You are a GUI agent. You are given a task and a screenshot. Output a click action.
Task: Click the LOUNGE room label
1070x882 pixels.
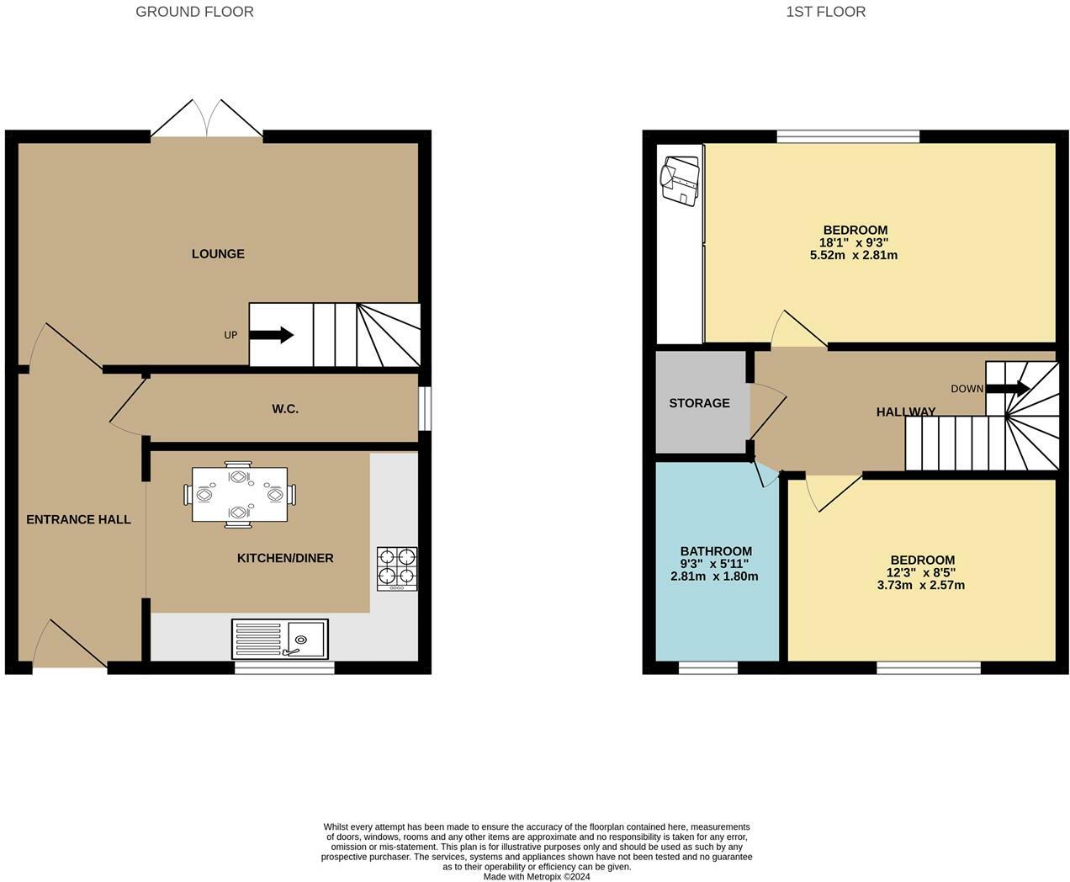coord(218,254)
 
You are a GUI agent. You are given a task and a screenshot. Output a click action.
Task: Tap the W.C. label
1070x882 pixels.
coord(285,409)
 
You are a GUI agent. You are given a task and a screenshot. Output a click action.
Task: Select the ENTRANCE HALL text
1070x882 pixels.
coord(78,519)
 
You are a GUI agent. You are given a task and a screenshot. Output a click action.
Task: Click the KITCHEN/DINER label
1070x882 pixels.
coord(285,558)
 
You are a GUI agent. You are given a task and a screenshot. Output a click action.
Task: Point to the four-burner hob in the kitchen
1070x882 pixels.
coord(397,569)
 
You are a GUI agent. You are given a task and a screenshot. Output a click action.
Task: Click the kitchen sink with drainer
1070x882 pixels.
coord(280,639)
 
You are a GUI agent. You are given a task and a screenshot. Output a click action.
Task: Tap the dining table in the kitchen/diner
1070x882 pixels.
coord(239,494)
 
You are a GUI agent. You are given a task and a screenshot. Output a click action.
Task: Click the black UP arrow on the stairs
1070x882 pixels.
coord(271,335)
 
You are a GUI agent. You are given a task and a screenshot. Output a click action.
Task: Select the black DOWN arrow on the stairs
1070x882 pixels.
coord(1008,388)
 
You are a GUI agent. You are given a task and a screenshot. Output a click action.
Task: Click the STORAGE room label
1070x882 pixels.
coord(699,403)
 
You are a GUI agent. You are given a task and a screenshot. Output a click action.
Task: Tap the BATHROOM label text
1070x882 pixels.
coord(716,551)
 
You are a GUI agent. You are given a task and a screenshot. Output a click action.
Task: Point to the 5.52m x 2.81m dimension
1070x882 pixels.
coord(854,255)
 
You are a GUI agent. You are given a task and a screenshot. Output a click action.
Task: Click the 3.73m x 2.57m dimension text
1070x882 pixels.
coord(921,585)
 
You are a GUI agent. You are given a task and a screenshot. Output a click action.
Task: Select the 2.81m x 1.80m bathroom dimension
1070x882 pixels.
coord(714,576)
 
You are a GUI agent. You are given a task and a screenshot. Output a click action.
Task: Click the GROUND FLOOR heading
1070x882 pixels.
coord(194,12)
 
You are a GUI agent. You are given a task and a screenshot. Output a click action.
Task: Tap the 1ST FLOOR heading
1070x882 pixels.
coord(826,12)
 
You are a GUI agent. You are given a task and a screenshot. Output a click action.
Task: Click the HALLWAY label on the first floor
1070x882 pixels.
coord(906,412)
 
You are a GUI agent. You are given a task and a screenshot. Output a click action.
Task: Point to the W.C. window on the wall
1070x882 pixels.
coord(425,409)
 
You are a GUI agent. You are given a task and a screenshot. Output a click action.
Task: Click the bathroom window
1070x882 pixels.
coord(708,667)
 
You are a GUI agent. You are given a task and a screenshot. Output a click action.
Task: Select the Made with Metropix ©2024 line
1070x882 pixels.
coord(537,876)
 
